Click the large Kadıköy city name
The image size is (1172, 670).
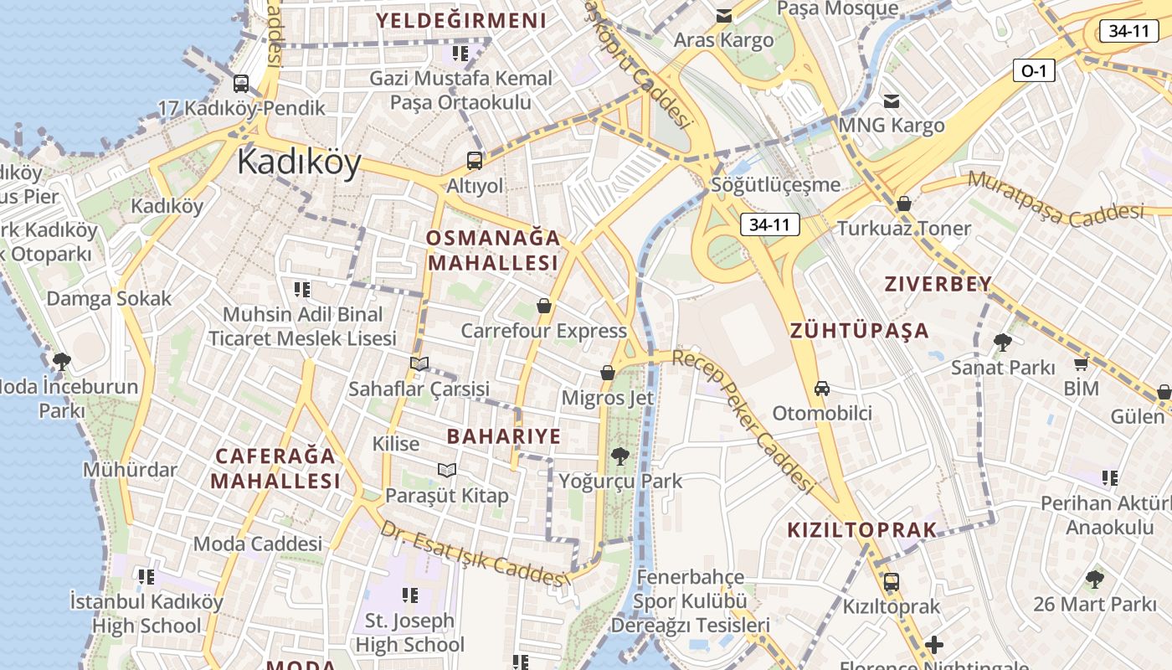click(299, 162)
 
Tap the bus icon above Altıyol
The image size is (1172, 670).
click(475, 161)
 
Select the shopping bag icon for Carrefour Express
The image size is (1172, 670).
click(544, 306)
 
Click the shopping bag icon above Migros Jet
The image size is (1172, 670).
click(608, 372)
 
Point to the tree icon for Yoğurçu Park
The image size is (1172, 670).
click(620, 456)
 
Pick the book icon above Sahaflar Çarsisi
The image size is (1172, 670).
click(419, 363)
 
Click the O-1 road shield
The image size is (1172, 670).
click(1034, 71)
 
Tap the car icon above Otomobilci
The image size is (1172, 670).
click(822, 388)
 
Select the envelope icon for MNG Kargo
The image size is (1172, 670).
click(892, 101)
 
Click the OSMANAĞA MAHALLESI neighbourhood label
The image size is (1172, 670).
click(492, 250)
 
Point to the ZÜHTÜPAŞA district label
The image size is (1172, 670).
click(859, 330)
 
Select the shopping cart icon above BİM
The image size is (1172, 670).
click(1081, 364)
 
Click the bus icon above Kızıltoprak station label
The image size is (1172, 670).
click(892, 581)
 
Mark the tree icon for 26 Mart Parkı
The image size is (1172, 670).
click(1094, 579)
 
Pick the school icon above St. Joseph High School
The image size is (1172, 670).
click(409, 595)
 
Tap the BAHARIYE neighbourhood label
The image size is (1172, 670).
click(503, 436)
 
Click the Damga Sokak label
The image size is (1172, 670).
click(109, 298)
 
